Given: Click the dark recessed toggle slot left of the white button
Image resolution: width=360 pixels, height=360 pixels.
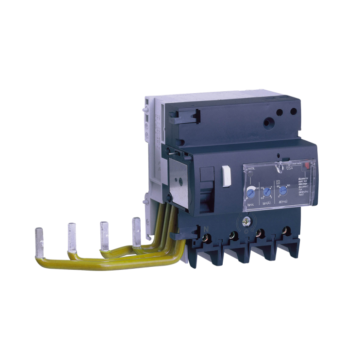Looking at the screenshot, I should click(x=206, y=180).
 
